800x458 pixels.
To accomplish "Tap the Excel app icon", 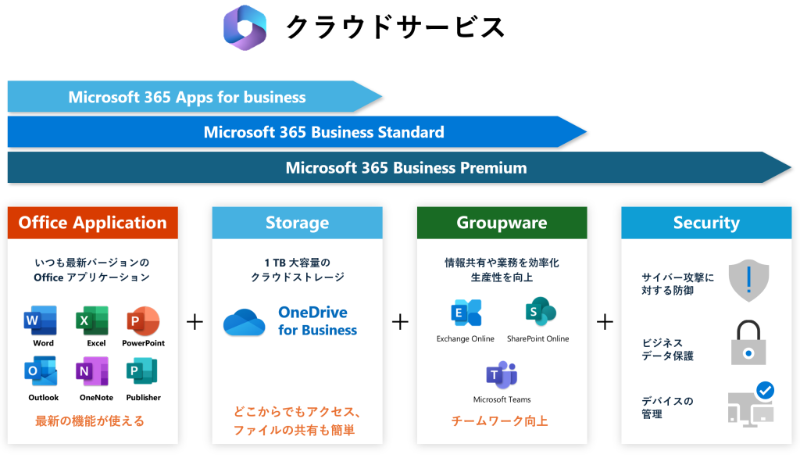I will click(92, 321).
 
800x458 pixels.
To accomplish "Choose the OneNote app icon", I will click(92, 371).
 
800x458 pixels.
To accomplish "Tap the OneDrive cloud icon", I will click(244, 321).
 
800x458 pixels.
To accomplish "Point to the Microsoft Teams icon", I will click(502, 376).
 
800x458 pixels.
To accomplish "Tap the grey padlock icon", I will click(748, 344).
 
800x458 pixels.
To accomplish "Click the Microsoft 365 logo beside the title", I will click(245, 27).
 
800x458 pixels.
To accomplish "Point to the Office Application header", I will click(93, 223).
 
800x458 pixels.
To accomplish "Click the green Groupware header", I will click(502, 223).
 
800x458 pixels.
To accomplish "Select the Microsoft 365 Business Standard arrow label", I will click(323, 132).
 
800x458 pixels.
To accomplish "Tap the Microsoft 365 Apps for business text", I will click(187, 97).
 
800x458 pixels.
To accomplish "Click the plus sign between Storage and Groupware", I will click(400, 321).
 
